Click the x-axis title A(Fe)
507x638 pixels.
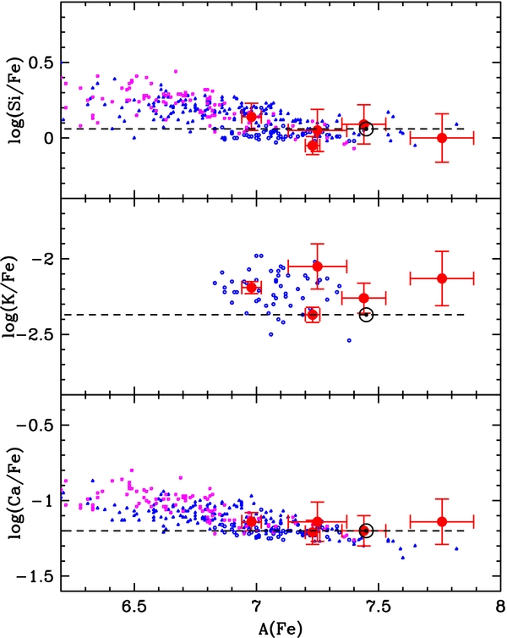(281, 629)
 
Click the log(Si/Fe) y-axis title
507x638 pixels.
(16, 101)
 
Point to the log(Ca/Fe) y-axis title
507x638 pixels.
(16, 493)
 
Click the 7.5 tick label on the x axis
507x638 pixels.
(379, 606)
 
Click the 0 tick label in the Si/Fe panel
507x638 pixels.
(49, 138)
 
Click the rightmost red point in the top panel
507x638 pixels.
(442, 138)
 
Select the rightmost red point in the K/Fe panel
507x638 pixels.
(442, 278)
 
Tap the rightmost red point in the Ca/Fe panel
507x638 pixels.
(442, 521)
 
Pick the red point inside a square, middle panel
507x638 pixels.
(313, 315)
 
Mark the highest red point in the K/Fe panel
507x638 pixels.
(317, 266)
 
